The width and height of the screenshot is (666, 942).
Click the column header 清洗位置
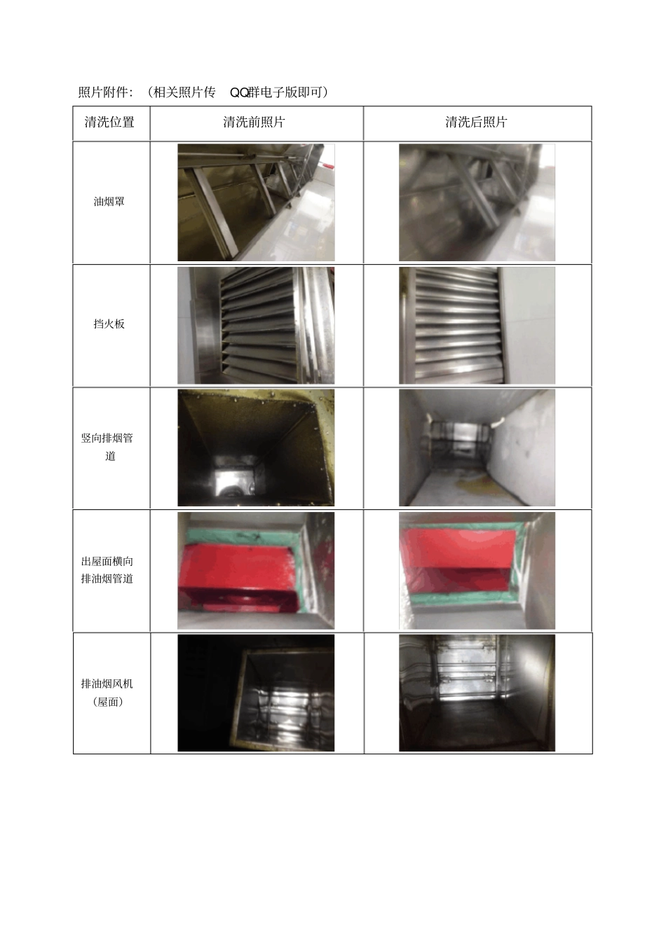(109, 122)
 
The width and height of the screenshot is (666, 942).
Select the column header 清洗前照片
(254, 122)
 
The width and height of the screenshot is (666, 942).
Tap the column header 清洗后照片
(476, 122)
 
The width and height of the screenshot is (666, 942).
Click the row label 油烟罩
(109, 202)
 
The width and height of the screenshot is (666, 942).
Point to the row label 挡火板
(109, 324)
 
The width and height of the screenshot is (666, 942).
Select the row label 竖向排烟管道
(107, 447)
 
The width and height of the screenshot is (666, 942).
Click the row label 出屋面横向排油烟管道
(107, 570)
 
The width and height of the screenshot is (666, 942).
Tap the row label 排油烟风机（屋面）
(107, 693)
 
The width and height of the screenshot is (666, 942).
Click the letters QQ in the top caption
(239, 92)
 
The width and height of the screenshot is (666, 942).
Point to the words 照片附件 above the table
(103, 92)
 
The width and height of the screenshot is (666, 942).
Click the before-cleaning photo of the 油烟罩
(256, 202)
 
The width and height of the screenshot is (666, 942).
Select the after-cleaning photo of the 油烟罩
(477, 202)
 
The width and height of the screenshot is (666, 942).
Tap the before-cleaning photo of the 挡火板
(256, 326)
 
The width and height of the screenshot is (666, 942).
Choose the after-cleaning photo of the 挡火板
(477, 326)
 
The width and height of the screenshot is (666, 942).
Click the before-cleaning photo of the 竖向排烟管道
(256, 448)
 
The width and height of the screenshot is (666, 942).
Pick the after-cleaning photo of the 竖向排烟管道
(477, 448)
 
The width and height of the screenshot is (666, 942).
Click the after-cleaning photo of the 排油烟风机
(477, 693)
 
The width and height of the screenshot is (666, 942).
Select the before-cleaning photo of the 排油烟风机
(256, 693)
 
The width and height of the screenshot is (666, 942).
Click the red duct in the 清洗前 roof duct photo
(238, 576)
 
